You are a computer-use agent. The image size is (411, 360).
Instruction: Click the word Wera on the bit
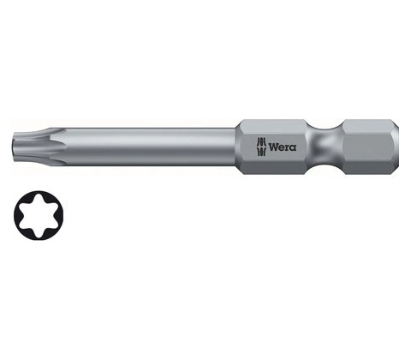coord(283,147)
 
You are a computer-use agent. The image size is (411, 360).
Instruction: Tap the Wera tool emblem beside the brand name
coord(261,147)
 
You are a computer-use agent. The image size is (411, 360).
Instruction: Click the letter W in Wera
coord(274,147)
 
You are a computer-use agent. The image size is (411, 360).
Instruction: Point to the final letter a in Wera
coord(294,148)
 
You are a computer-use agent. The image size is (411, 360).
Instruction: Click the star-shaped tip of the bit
coord(39,147)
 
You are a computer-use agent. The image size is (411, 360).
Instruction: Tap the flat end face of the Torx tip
coord(15,147)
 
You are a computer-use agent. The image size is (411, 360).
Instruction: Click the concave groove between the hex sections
coord(325,147)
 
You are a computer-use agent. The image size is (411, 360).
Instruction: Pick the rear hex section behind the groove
coord(371,147)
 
